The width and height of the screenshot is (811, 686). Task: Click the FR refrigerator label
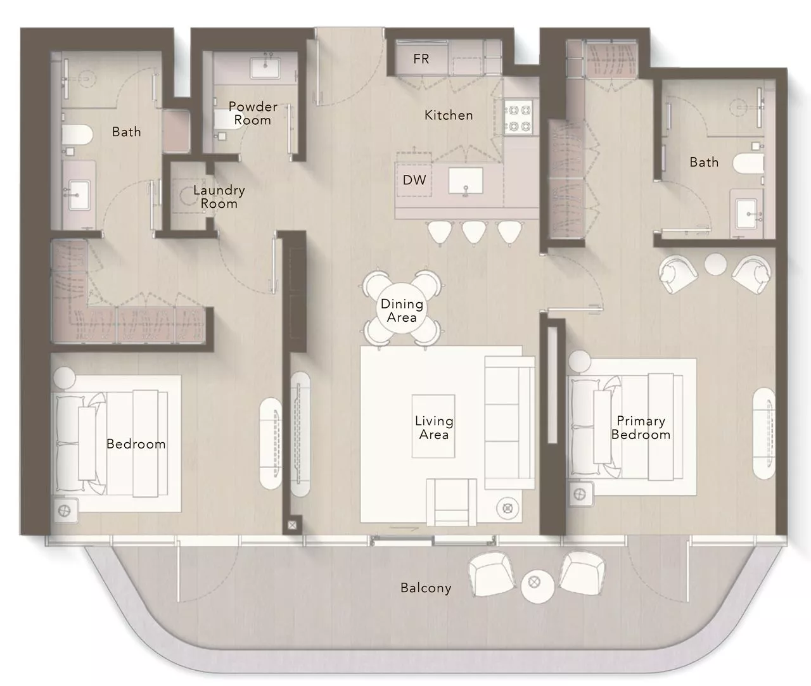(x=421, y=59)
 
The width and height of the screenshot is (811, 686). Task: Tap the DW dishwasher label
(x=414, y=180)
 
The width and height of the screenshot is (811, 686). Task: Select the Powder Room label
(x=253, y=113)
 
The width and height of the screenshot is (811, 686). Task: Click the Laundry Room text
(x=219, y=196)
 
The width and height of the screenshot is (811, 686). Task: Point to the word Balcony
(x=426, y=588)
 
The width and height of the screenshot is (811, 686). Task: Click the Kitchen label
(x=449, y=115)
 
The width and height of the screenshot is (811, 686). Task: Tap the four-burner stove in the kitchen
(x=518, y=118)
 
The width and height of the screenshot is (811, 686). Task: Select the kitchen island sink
(x=466, y=181)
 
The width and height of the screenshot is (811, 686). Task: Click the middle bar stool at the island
(x=474, y=233)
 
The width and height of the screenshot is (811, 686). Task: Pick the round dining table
(x=402, y=310)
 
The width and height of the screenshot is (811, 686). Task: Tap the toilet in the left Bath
(x=77, y=135)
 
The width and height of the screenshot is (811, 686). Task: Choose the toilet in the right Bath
(x=748, y=163)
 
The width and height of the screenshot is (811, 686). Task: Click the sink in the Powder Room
(x=265, y=68)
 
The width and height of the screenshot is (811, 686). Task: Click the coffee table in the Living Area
(x=433, y=426)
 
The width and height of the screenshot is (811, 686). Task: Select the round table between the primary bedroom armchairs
(x=716, y=264)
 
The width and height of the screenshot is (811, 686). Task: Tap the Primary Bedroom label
(x=641, y=428)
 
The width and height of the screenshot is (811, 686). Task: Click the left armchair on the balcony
(x=492, y=575)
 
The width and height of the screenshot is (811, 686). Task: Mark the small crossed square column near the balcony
(x=292, y=525)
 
